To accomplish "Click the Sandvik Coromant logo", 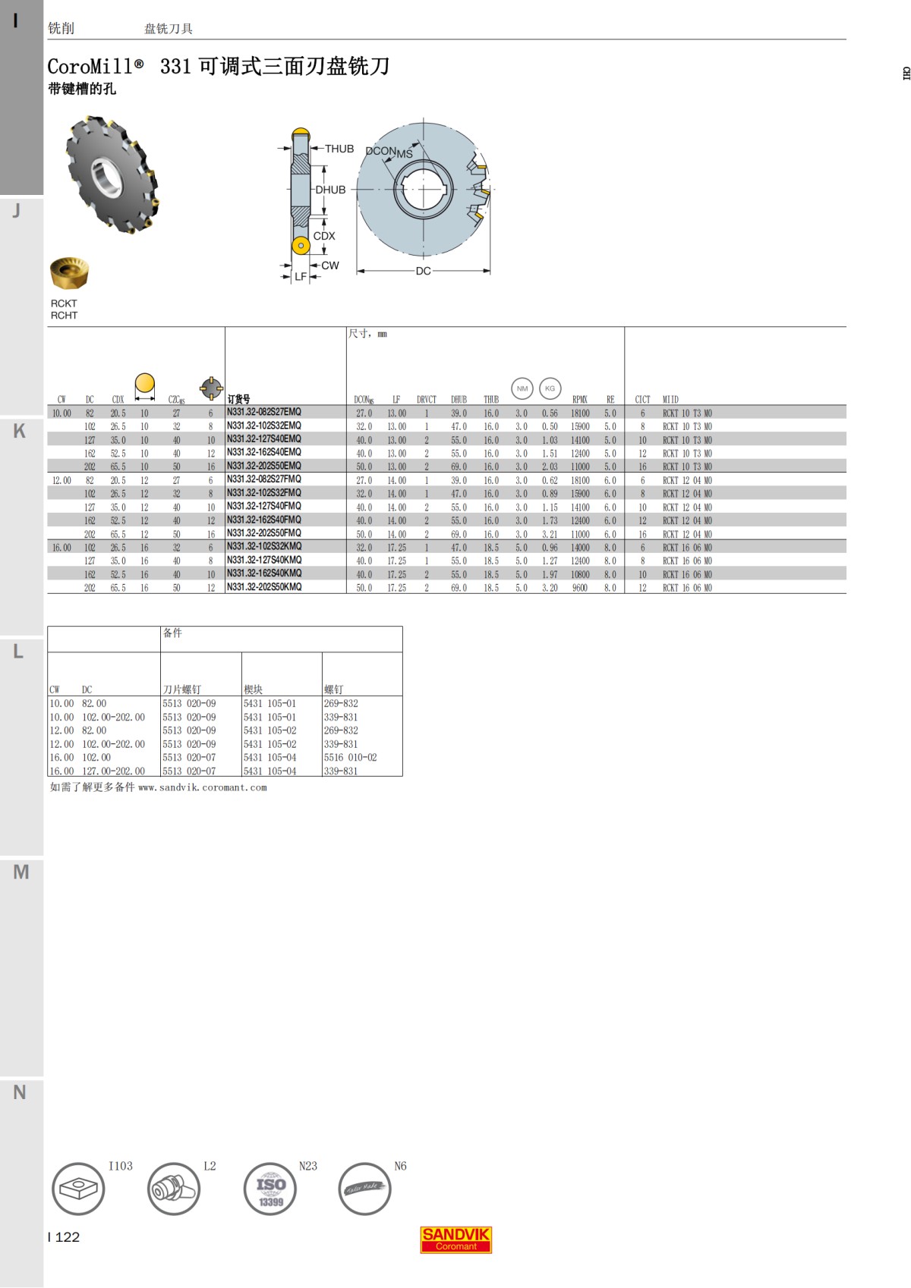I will coord(455,1239).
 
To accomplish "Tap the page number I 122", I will coord(64,1237).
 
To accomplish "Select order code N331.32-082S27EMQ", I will coord(263,412).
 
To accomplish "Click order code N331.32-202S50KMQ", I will coord(263,587).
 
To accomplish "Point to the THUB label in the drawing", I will coord(339,149).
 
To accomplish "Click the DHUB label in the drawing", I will coord(330,190).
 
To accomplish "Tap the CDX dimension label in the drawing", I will coord(324,236).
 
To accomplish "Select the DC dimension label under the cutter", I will coord(423,271).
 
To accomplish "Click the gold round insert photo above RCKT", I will coord(69,274).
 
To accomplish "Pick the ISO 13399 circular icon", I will coord(270,1189).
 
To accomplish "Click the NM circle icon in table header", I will coord(522,388).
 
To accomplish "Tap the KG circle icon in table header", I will coord(550,388).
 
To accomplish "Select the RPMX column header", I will coord(580,400).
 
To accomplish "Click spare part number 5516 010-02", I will coord(350,758).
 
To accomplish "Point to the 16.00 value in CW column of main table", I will coord(61,548).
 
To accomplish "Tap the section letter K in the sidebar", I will coord(20,431).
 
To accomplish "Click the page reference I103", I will coord(120,1166).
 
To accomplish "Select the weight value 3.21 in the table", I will coord(550,535).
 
